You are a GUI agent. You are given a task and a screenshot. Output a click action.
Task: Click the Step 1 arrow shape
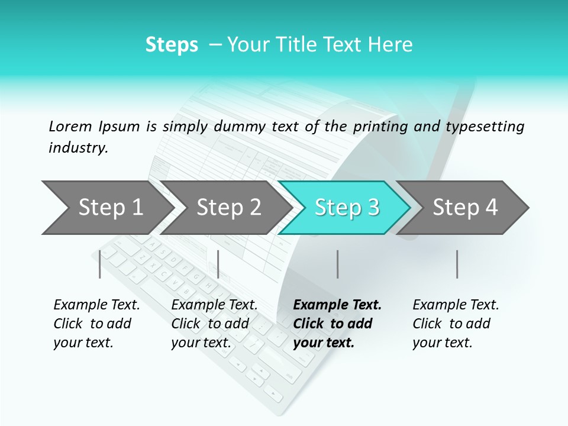point(109,208)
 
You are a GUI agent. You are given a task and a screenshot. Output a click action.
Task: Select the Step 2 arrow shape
point(228,208)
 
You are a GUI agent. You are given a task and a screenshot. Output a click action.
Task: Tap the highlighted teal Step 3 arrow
point(346,208)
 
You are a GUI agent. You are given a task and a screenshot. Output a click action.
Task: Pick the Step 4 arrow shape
point(464,208)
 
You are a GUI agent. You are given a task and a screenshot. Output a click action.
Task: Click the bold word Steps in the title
point(172,45)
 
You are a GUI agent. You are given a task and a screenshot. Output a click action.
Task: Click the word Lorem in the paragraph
point(70,126)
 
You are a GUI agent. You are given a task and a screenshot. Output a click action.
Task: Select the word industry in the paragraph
point(78,148)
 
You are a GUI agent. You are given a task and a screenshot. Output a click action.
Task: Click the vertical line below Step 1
point(100,264)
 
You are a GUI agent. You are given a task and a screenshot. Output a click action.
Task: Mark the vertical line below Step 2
point(218,264)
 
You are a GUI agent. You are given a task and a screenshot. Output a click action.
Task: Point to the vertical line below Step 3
point(337,264)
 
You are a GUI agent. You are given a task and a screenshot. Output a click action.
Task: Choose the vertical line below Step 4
point(457,264)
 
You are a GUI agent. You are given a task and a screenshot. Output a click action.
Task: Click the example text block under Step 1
point(96,324)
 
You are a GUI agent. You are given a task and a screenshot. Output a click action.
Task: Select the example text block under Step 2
point(214,324)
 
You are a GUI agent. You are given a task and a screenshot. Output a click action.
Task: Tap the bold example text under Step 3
point(337,324)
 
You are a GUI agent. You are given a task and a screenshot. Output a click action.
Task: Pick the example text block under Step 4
point(456,324)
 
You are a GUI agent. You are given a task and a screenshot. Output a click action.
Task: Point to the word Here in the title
point(393,45)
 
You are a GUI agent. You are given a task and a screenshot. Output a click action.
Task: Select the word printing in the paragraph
point(377,127)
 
